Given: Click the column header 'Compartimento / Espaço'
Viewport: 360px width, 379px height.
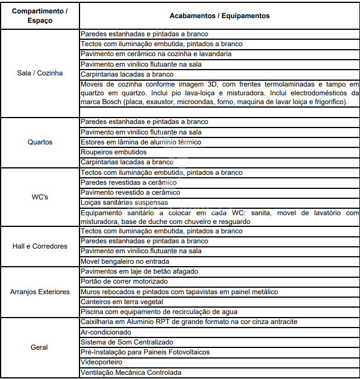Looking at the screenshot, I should pyautogui.click(x=40, y=16).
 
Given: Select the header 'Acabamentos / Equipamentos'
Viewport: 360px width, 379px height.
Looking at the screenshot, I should pyautogui.click(x=219, y=16).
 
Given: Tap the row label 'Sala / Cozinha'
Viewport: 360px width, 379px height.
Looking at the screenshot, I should pyautogui.click(x=40, y=74).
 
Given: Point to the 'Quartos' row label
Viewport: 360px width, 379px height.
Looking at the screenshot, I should pyautogui.click(x=40, y=142).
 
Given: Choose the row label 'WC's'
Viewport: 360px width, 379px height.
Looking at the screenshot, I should pyautogui.click(x=40, y=197).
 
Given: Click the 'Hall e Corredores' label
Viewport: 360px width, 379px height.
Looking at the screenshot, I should pyautogui.click(x=40, y=246).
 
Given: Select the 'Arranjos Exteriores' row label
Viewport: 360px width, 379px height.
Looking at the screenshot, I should pyautogui.click(x=40, y=291).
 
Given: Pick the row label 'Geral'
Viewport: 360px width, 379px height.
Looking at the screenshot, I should pyautogui.click(x=40, y=347).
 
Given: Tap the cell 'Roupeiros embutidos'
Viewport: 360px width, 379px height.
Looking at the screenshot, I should pyautogui.click(x=113, y=152).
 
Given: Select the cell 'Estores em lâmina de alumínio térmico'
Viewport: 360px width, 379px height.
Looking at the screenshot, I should pyautogui.click(x=141, y=142).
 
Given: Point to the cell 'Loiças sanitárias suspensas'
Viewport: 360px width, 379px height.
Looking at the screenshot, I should pyautogui.click(x=124, y=202).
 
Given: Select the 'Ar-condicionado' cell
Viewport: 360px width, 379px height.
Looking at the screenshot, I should pyautogui.click(x=106, y=332).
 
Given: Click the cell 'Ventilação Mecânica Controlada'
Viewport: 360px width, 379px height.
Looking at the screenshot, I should pyautogui.click(x=131, y=372).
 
